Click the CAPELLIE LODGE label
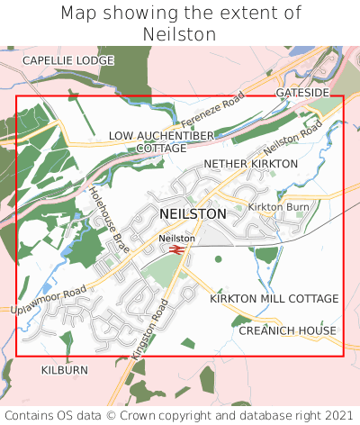pyautogui.click(x=68, y=60)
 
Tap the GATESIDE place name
pyautogui.click(x=301, y=93)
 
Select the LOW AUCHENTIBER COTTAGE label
pyautogui.click(x=162, y=141)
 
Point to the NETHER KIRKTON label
pyautogui.click(x=250, y=164)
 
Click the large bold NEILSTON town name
pyautogui.click(x=193, y=214)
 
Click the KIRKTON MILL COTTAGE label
pyautogui.click(x=274, y=298)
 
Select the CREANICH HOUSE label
pyautogui.click(x=287, y=331)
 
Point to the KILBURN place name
pyautogui.click(x=65, y=370)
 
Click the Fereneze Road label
pyautogui.click(x=212, y=111)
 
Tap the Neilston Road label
pyautogui.click(x=292, y=137)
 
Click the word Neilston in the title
pyautogui.click(x=180, y=34)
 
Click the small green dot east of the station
pyautogui.click(x=219, y=259)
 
